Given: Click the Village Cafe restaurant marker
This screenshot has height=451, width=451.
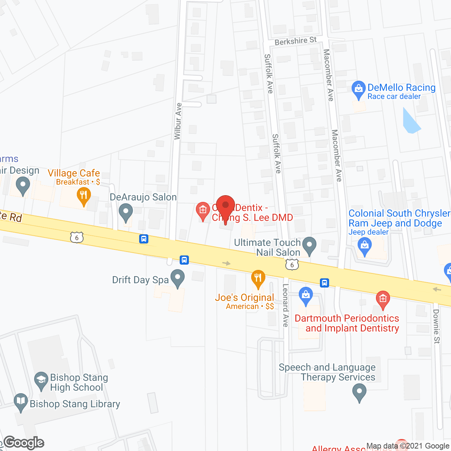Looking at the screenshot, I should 84,195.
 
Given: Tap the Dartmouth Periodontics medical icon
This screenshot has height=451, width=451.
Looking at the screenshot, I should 383,299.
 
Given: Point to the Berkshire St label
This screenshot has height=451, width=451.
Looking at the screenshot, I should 296,41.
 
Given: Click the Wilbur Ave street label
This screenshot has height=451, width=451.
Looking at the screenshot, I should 178,121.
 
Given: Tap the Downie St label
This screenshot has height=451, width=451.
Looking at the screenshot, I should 437,326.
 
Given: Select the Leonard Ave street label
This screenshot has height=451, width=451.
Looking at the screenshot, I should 285,305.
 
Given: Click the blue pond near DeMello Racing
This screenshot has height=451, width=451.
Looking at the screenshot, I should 410,122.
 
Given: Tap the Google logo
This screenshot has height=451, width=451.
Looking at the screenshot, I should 24,443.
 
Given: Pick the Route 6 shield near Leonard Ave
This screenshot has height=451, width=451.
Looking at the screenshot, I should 292,265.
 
